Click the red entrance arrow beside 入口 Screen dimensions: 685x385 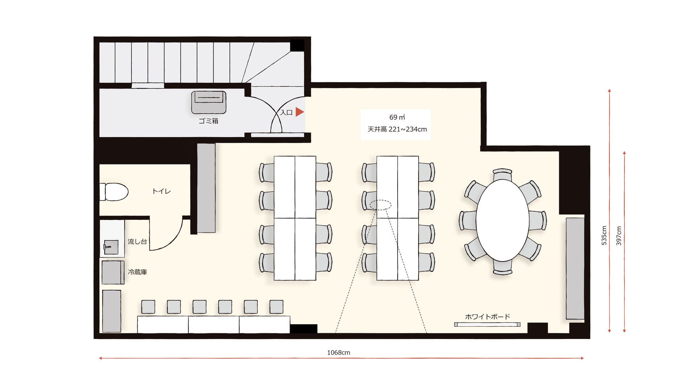click(x=299, y=112)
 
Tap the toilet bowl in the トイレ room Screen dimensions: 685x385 click(x=114, y=192)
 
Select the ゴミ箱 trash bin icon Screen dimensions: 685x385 click(x=209, y=102)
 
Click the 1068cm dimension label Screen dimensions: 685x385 click(x=339, y=352)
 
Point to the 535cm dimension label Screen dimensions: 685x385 click(x=604, y=235)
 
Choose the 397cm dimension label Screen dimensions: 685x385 click(x=619, y=236)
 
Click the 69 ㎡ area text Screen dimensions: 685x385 click(x=397, y=117)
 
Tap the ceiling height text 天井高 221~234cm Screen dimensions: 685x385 click(x=397, y=129)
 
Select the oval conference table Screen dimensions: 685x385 click(x=502, y=220)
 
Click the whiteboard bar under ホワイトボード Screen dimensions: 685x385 click(x=487, y=325)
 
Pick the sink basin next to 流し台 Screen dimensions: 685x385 click(x=111, y=247)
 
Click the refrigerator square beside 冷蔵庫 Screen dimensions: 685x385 click(x=113, y=272)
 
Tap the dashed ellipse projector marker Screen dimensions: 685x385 click(x=381, y=205)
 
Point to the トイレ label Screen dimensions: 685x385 click(x=161, y=191)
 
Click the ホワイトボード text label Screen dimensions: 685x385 click(x=487, y=317)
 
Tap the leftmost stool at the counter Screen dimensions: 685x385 click(x=148, y=307)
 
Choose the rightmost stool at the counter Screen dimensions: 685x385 click(x=277, y=307)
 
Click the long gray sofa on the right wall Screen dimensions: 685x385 click(x=575, y=268)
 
